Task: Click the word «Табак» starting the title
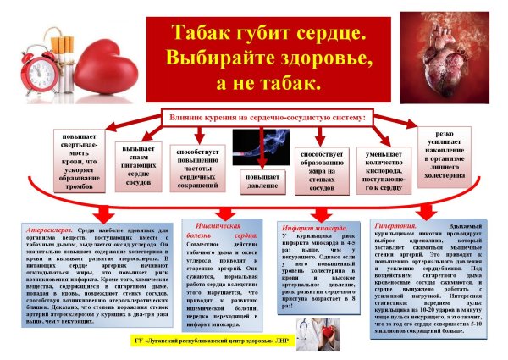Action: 204,34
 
